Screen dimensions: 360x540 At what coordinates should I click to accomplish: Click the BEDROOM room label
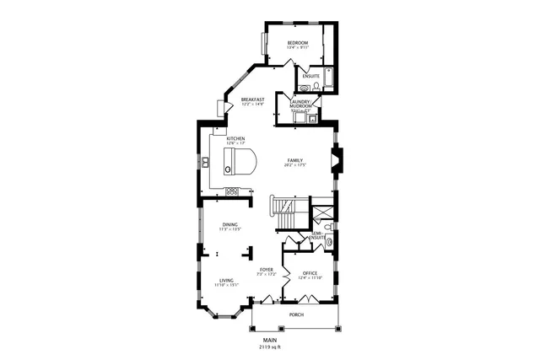coord(297,43)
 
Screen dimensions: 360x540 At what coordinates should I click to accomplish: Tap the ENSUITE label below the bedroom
coord(310,76)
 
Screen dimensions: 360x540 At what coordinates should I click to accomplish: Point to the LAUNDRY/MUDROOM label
coord(301,104)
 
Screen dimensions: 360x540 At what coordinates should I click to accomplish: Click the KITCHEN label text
coord(235,137)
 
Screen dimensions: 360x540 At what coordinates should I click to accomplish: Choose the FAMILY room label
coord(294,160)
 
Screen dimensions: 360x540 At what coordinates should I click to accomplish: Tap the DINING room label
coord(230,224)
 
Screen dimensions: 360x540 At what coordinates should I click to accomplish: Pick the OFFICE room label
coord(310,272)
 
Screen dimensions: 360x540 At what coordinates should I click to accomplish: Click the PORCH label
coord(296,314)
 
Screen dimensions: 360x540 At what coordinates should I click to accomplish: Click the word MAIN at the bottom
coord(269,340)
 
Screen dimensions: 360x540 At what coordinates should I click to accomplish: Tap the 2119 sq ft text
coord(269,347)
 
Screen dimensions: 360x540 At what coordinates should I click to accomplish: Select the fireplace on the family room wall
coord(337,160)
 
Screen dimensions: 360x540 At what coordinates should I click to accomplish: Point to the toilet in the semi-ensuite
coord(330,242)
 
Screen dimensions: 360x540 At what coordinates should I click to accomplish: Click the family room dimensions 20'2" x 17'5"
coord(294,165)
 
